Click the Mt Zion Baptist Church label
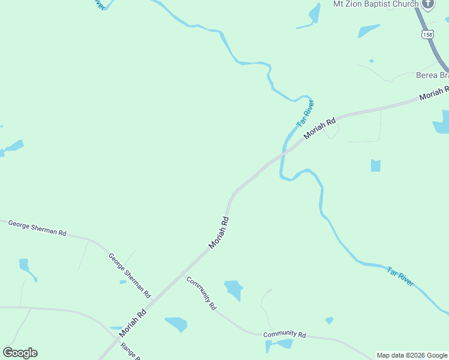coord(376,4)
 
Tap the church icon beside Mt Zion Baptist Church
coord(427,5)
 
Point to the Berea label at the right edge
coord(432,76)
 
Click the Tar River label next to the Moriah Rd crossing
coord(306,113)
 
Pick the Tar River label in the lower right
coord(400,277)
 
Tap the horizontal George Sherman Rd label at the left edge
coord(37,228)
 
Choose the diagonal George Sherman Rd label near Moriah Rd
coord(130,275)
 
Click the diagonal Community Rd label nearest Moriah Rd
coord(201,293)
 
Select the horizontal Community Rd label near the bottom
coord(285,335)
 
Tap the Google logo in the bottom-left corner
coord(20,353)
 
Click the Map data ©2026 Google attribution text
coord(412,355)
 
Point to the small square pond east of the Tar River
coord(376,166)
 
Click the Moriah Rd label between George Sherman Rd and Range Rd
coord(133,323)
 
